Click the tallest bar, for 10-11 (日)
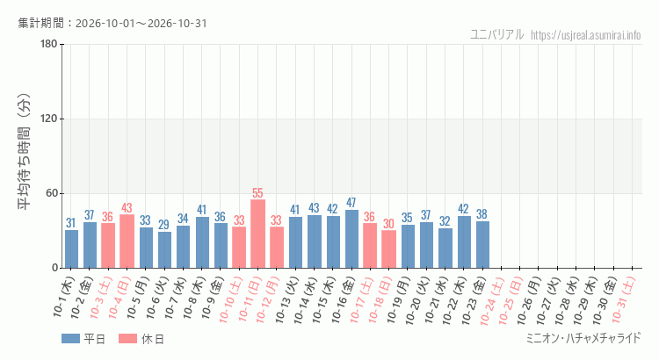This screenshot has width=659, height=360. coord(257,234)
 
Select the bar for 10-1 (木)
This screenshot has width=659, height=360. coord(71,248)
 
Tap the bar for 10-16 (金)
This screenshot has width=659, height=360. coord(351,239)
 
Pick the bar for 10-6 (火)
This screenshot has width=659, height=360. coord(164,250)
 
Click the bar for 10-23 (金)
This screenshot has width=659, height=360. coord(482,244)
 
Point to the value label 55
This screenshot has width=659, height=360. coord(257,193)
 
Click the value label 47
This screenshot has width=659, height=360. coord(351,203)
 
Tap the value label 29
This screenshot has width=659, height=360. coord(164,225)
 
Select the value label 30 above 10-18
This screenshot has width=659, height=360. coord(388,224)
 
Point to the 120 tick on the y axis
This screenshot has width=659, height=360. coord(48,119)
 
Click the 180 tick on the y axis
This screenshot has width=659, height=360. coord(48,44)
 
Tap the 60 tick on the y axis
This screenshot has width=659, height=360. coord(51,193)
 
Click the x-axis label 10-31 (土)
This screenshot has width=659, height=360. coord(623,299)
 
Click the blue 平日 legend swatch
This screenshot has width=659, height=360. coord(70,339)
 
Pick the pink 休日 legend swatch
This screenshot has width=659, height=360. coord(127,339)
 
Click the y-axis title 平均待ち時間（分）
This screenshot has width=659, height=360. coord(24,152)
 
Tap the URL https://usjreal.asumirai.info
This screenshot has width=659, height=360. coord(586,35)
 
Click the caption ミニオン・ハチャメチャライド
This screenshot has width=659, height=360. coord(584,338)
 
